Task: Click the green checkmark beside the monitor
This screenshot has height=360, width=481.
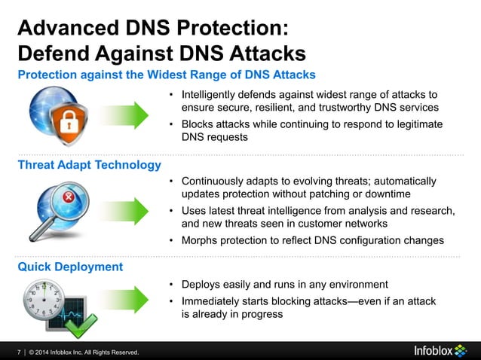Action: [x=80, y=326]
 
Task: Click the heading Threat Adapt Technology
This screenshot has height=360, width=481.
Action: [x=89, y=165]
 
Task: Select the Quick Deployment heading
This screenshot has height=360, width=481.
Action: [x=70, y=267]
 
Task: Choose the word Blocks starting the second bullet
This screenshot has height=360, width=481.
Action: [x=198, y=124]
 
